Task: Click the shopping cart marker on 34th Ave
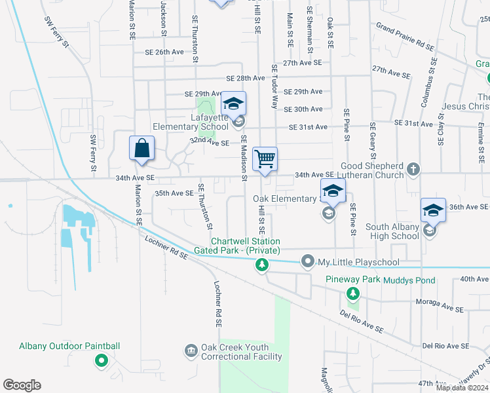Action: pyautogui.click(x=265, y=159)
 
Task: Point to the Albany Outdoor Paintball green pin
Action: pyautogui.click(x=101, y=360)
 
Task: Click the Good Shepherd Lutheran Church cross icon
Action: pyautogui.click(x=413, y=170)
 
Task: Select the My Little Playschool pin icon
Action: pyautogui.click(x=308, y=262)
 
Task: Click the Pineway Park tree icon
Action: pyautogui.click(x=352, y=292)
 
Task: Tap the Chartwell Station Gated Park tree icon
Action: pyautogui.click(x=262, y=265)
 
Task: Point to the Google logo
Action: pyautogui.click(x=22, y=385)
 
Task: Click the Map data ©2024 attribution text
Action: pyautogui.click(x=461, y=388)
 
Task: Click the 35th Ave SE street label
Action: pyautogui.click(x=174, y=193)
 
